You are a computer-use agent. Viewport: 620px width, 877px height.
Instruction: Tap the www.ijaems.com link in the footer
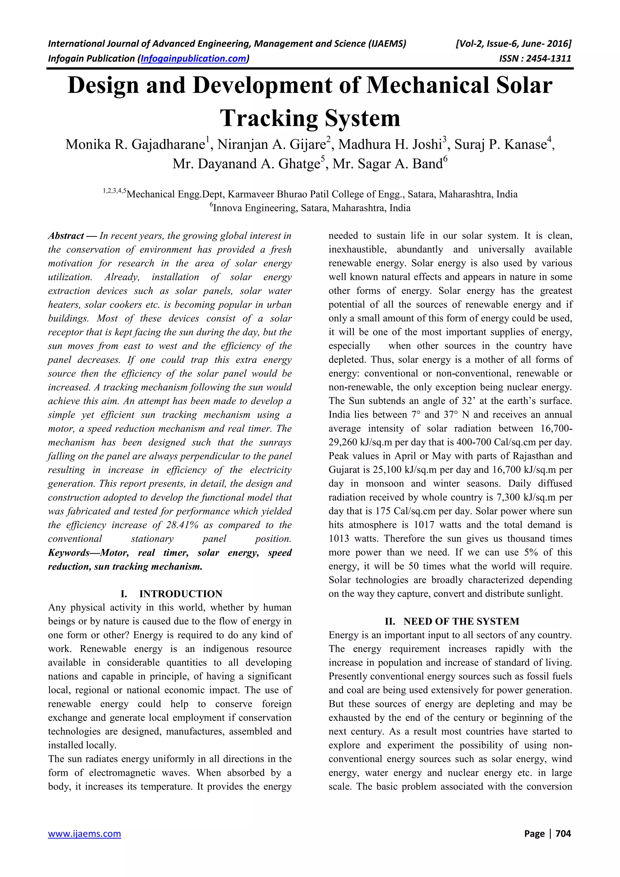tap(84, 833)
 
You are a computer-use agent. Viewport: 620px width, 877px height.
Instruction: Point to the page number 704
tap(563, 833)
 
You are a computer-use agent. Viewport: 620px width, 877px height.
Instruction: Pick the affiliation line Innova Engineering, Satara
tap(311, 208)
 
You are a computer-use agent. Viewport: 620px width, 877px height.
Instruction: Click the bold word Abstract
tap(66, 236)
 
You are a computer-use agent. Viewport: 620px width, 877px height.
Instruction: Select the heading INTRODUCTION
tap(180, 594)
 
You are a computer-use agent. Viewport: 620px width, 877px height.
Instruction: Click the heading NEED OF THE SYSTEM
tap(461, 622)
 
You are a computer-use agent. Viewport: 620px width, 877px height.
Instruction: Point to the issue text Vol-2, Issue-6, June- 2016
tap(513, 44)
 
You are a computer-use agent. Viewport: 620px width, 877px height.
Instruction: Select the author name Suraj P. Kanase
tap(500, 145)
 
